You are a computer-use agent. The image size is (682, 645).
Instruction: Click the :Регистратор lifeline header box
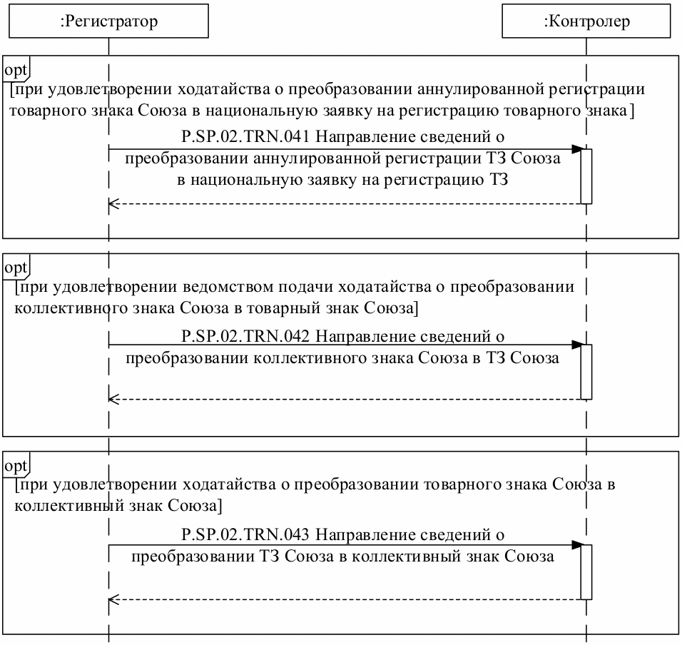coord(108,21)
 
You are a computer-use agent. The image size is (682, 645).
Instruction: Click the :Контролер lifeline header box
coord(586,21)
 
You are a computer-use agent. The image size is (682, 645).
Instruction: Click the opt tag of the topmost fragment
coord(16,70)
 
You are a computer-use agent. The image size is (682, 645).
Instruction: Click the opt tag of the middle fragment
coord(16,268)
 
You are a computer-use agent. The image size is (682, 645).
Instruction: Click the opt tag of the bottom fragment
coord(16,466)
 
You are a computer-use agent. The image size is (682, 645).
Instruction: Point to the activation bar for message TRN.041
coord(586,176)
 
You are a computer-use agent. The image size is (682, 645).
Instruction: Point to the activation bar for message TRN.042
coord(586,372)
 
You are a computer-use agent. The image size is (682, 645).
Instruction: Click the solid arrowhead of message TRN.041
coord(577,149)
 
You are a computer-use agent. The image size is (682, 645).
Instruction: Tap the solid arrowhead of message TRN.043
coord(577,546)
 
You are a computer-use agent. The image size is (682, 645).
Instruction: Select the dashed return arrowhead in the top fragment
coord(112,204)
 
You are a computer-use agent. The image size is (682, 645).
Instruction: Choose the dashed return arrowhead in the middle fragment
coord(112,400)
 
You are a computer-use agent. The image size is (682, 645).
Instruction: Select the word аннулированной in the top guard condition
coord(484,90)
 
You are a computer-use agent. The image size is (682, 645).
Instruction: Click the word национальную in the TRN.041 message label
coord(242,179)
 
